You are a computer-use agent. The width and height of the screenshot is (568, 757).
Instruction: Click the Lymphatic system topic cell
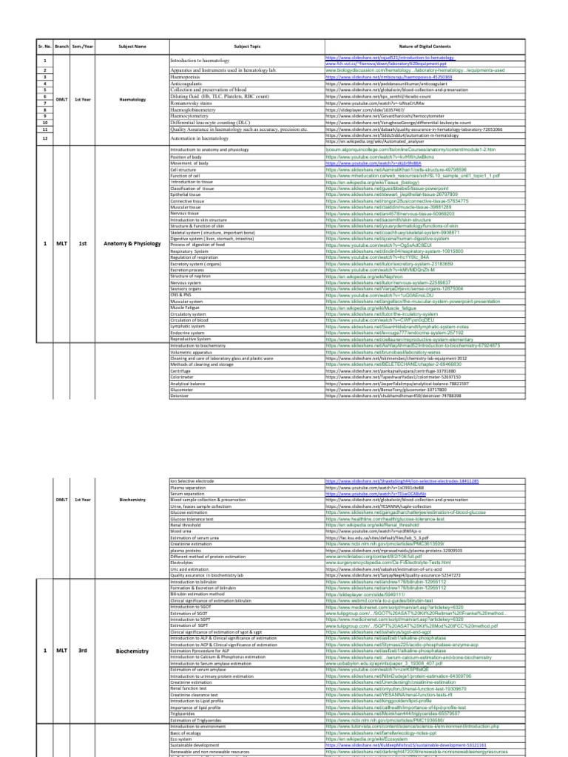click(x=188, y=326)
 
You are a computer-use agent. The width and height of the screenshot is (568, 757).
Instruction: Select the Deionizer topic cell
click(x=180, y=396)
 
